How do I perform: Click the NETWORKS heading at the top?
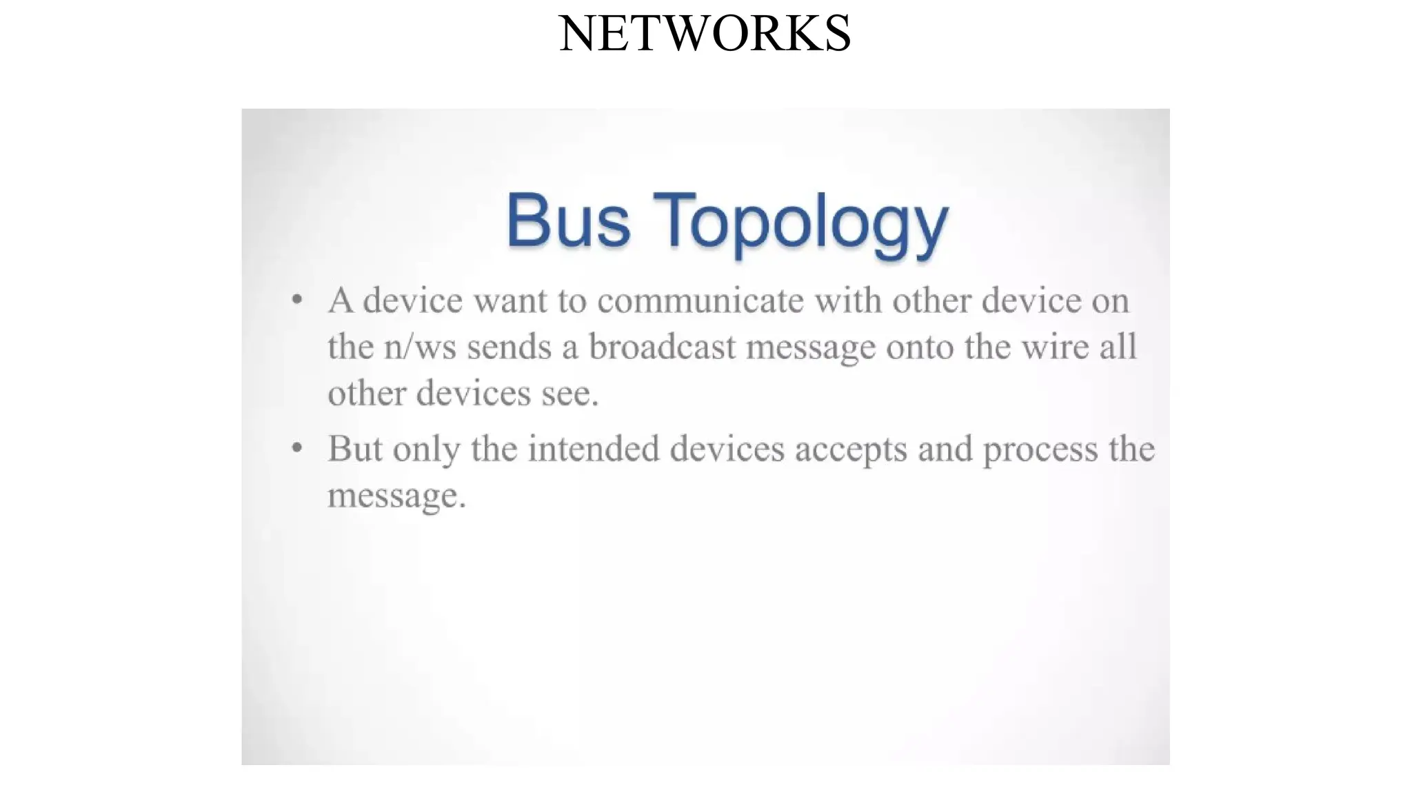(x=705, y=33)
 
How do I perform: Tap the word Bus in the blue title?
(x=568, y=221)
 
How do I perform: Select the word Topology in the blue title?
(x=800, y=222)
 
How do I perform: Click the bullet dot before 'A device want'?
(x=297, y=300)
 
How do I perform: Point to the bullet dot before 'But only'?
(x=297, y=448)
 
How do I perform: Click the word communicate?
(x=700, y=301)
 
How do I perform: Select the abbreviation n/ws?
(x=420, y=347)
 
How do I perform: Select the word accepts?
(x=851, y=450)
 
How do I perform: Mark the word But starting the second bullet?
(x=354, y=449)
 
